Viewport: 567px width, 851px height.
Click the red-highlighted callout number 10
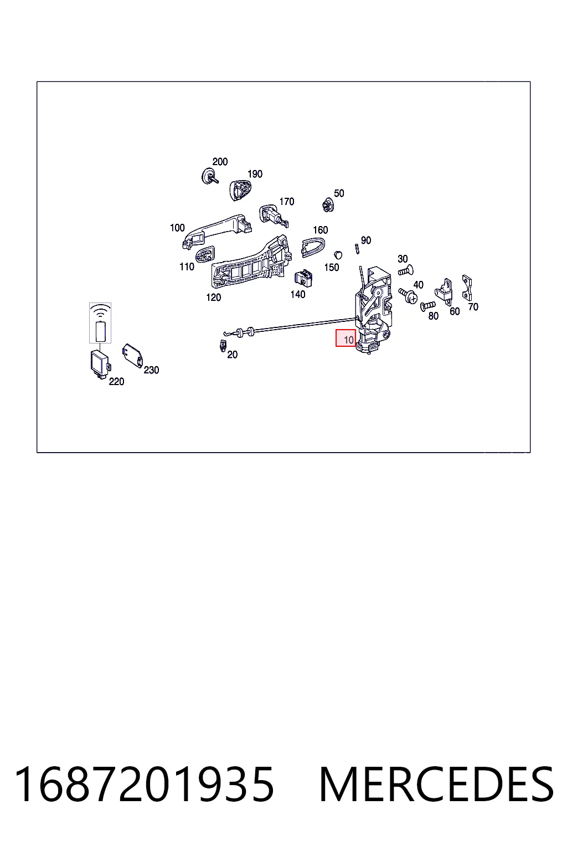tap(348, 340)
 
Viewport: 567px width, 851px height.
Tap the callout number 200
tap(220, 161)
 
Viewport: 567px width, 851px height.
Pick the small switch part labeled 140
tap(303, 279)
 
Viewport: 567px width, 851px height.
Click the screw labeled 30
tap(406, 271)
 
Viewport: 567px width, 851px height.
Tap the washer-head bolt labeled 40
tap(408, 295)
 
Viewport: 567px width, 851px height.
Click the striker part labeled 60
tap(444, 291)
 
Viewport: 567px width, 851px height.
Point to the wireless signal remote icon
tap(100, 323)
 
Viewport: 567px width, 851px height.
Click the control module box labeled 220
tap(100, 365)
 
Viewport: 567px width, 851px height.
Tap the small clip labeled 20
tap(223, 346)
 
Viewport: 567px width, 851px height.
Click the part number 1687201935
tap(144, 785)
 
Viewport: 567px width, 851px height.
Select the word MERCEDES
tap(436, 785)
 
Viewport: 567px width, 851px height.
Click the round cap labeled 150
tap(338, 255)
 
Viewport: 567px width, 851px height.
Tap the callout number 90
tap(366, 240)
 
